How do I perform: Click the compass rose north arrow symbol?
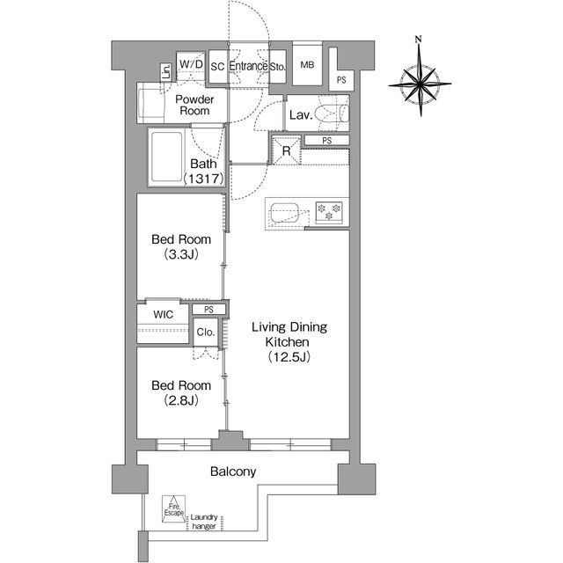tap(420, 84)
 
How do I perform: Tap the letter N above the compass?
tap(418, 39)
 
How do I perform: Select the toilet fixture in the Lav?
tap(332, 113)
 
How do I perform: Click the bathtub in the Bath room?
tap(166, 157)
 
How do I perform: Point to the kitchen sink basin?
tap(283, 213)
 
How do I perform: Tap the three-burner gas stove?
tap(328, 212)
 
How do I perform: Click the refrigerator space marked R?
tap(286, 150)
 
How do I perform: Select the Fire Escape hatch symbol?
tap(174, 508)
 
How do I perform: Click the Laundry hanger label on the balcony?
tap(204, 522)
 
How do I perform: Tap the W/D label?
tap(191, 64)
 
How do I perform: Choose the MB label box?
tap(307, 64)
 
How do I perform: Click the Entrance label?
tap(248, 66)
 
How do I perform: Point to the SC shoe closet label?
tap(217, 67)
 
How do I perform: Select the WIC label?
tap(163, 315)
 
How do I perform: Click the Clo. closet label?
tap(206, 333)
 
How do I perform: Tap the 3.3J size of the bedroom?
tap(181, 254)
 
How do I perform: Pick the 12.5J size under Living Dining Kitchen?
tap(289, 356)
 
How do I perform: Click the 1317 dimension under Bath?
tap(204, 179)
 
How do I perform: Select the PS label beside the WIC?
tap(208, 309)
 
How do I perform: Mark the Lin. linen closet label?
tap(166, 72)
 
